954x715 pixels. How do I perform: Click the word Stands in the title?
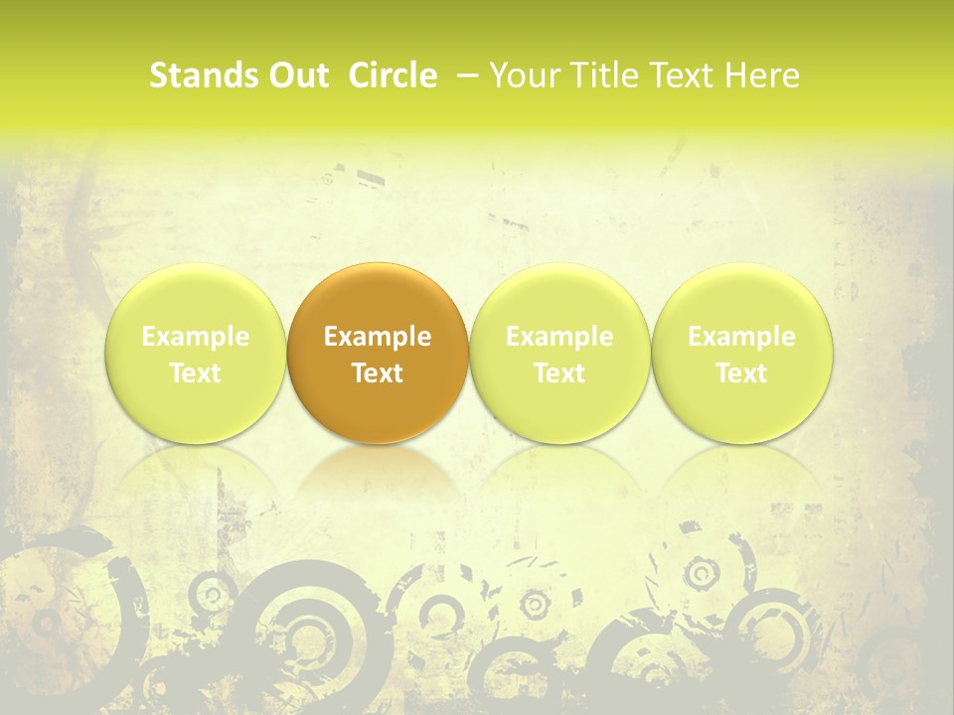click(x=197, y=75)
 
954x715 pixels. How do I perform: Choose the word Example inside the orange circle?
click(x=378, y=337)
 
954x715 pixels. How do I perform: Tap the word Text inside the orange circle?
click(x=378, y=373)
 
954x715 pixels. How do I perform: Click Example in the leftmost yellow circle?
click(x=196, y=337)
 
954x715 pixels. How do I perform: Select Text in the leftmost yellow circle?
click(x=196, y=373)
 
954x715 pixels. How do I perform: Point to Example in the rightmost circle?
click(x=741, y=337)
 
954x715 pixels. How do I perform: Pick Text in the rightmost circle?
click(x=741, y=373)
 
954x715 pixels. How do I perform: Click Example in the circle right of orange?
click(x=559, y=337)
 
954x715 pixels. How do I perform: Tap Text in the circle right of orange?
click(x=559, y=373)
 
